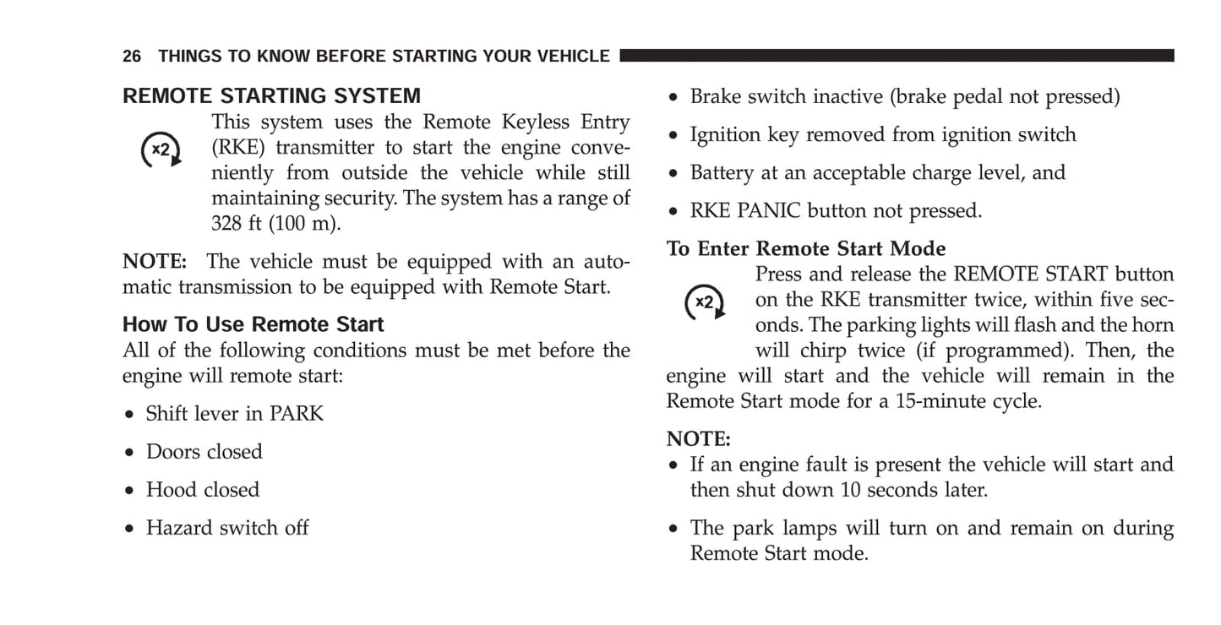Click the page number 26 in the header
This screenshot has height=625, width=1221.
pos(131,56)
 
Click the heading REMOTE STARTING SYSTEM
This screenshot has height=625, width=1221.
pos(271,96)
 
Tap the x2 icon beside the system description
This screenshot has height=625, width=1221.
pos(161,149)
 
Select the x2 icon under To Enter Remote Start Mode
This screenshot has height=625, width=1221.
pos(705,302)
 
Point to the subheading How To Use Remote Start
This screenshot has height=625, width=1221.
pos(253,324)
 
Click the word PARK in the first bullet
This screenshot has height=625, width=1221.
pos(297,414)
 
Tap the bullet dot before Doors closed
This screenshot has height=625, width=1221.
pos(129,452)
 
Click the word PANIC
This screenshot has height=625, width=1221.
pos(769,210)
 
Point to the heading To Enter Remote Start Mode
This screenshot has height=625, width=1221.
pos(806,248)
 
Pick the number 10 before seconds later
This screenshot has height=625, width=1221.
pos(850,489)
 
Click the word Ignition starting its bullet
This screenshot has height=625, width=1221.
pos(725,134)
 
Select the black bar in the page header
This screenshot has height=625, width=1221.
pos(897,56)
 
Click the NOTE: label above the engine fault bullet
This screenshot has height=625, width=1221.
pos(698,438)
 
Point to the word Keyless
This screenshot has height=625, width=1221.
pos(535,122)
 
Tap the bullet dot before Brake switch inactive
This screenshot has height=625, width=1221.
pos(673,97)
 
